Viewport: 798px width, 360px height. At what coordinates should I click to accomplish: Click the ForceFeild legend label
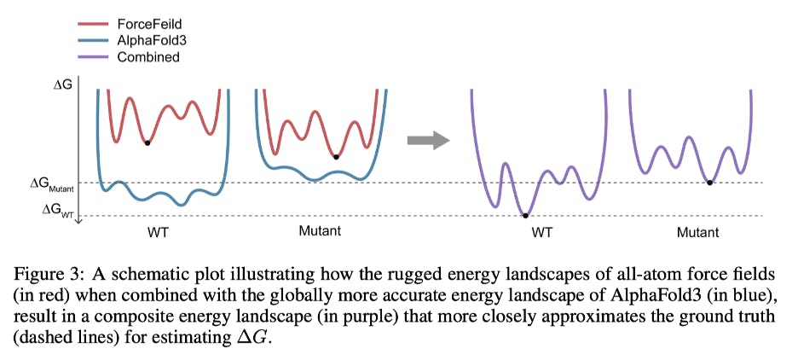pos(150,23)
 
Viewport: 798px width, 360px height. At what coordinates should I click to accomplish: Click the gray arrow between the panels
pos(427,141)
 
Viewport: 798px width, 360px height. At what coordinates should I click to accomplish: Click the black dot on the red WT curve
pos(147,142)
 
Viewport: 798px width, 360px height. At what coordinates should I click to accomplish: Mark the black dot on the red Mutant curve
pos(336,157)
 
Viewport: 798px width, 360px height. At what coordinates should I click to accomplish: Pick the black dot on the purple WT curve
pos(525,216)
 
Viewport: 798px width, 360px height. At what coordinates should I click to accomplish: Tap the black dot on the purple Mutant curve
pos(709,183)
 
